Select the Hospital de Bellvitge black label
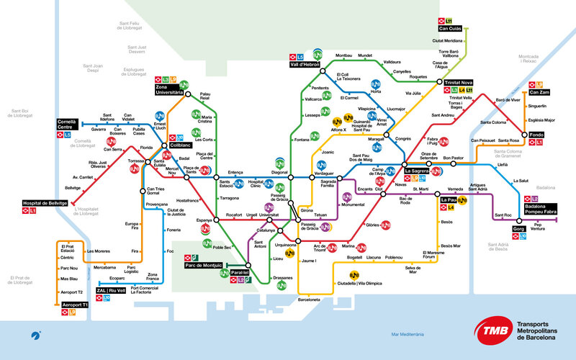pos(51,204)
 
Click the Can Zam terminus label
pos(542,92)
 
